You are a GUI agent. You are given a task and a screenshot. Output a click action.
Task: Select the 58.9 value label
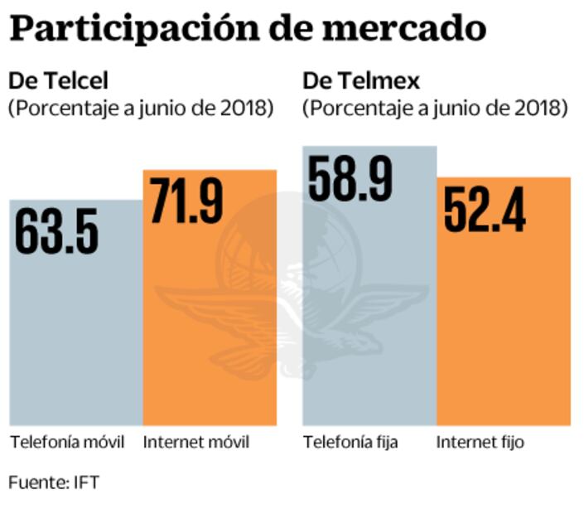pyautogui.click(x=350, y=176)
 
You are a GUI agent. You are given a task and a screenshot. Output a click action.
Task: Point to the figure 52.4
pyautogui.click(x=485, y=209)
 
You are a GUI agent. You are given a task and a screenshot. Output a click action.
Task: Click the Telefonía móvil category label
pyautogui.click(x=67, y=442)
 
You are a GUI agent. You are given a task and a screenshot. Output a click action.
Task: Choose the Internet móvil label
pyautogui.click(x=196, y=442)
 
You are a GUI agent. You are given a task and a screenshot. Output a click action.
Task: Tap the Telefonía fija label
pyautogui.click(x=350, y=442)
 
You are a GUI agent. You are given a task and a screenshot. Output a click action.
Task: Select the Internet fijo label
pyautogui.click(x=480, y=442)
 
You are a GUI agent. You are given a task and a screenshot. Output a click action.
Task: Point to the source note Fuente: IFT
pyautogui.click(x=55, y=482)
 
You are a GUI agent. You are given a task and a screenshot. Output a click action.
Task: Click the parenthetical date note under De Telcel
pyautogui.click(x=141, y=108)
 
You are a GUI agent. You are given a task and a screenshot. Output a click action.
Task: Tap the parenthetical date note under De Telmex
pyautogui.click(x=435, y=108)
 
